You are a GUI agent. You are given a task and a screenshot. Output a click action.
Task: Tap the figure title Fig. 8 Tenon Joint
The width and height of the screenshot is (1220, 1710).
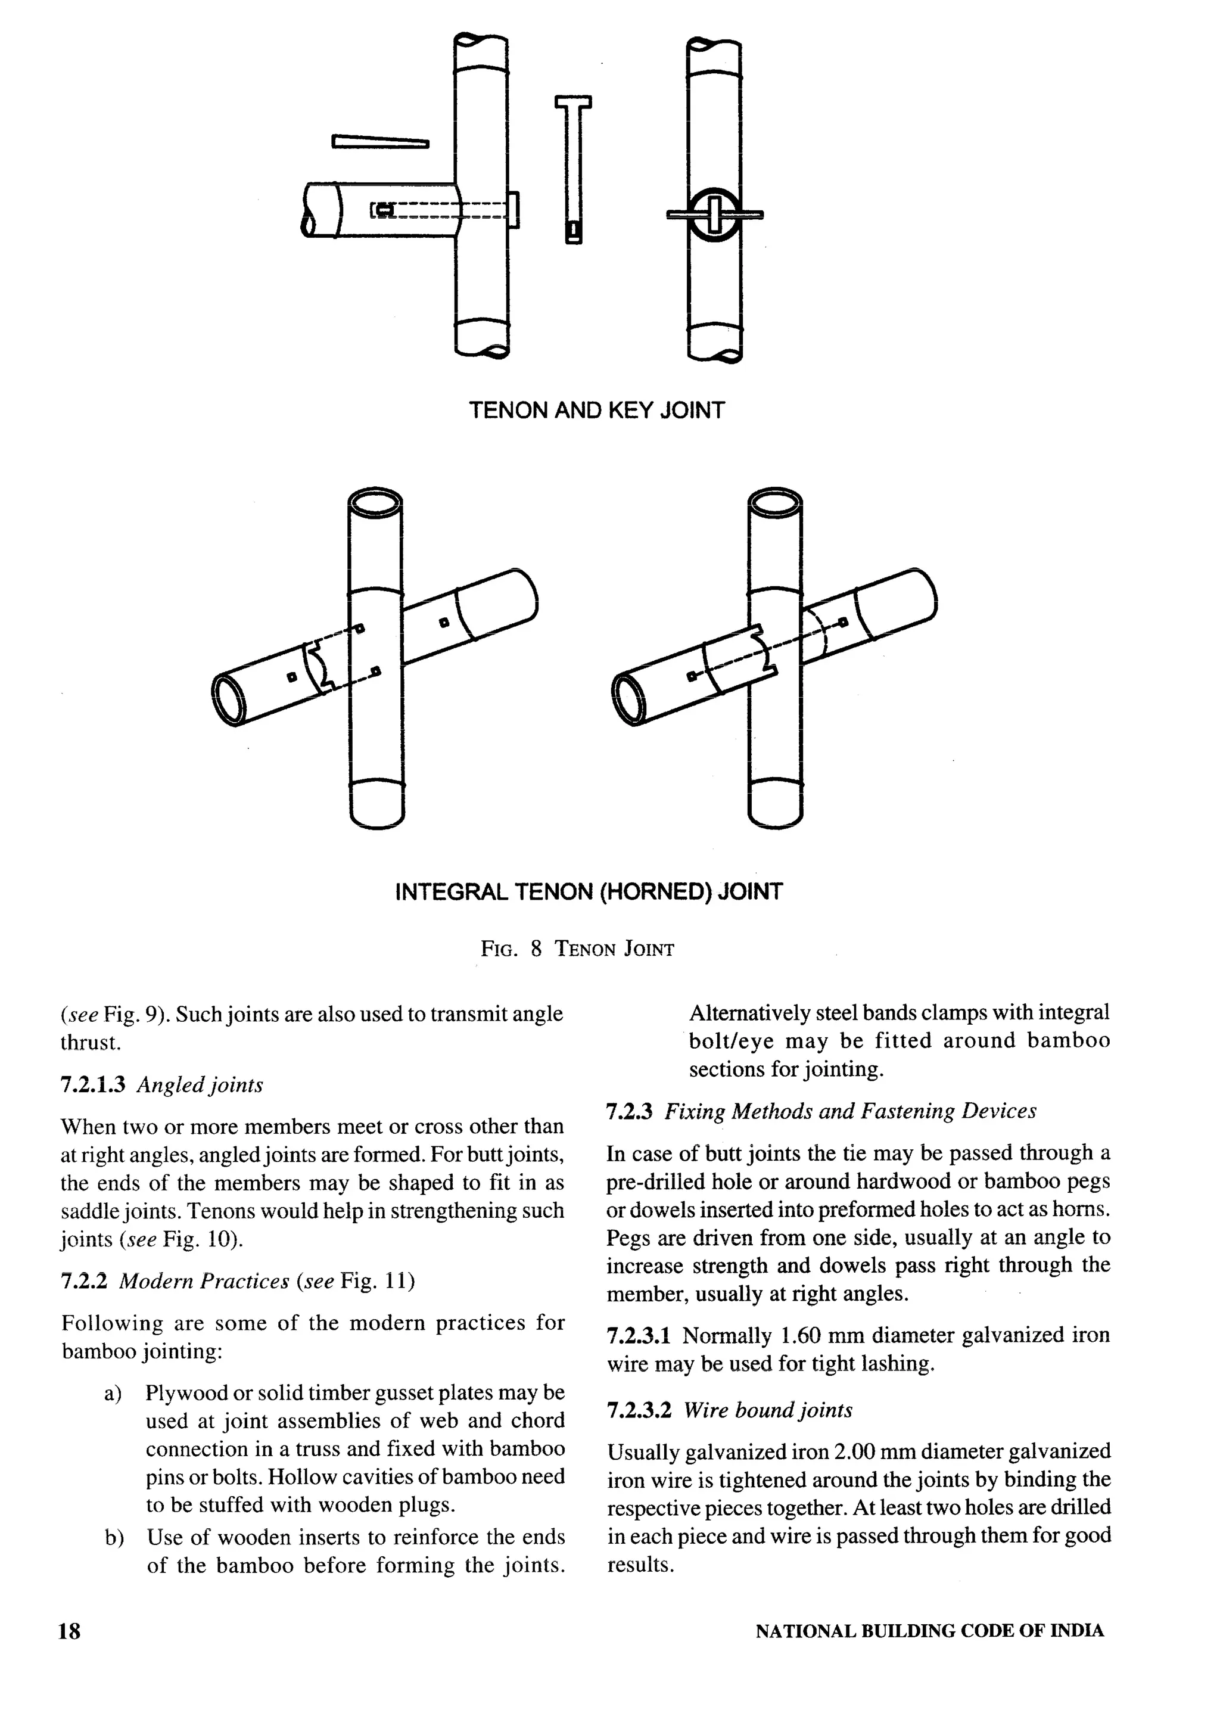[x=577, y=949]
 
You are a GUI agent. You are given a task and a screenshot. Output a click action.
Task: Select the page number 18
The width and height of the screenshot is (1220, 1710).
[x=69, y=1631]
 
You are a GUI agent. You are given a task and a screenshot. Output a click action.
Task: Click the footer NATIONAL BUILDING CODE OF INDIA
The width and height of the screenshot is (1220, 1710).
[x=929, y=1631]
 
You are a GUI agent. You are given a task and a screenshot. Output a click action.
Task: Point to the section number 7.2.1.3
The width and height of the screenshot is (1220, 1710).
[x=92, y=1085]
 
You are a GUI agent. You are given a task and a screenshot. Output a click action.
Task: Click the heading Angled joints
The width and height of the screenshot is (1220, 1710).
[x=200, y=1085]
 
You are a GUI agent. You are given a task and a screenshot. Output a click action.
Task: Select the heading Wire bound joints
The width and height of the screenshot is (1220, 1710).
[x=768, y=1410]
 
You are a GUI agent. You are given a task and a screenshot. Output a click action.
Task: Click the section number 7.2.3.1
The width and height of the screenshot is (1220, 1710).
[x=639, y=1336]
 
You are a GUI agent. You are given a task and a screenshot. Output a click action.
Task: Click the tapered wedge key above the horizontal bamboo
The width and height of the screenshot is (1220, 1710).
[x=379, y=141]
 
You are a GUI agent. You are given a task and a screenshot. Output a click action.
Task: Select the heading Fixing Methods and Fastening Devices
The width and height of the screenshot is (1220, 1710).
[x=849, y=1111]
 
